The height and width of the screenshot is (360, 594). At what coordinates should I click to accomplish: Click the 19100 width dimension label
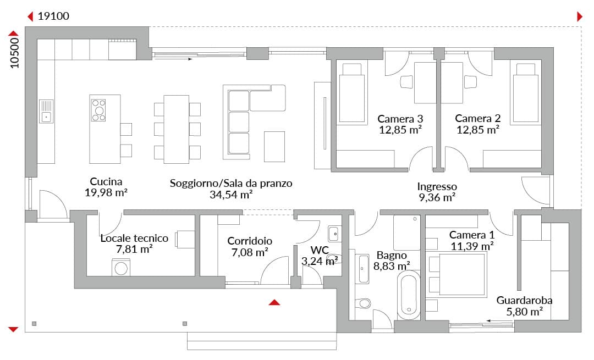53,16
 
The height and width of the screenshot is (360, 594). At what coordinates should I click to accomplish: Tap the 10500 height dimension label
14,53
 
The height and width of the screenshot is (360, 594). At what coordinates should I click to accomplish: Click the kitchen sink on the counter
46,111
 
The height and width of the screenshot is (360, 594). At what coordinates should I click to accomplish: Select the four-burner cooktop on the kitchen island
98,110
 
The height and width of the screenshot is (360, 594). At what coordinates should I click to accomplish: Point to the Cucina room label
106,181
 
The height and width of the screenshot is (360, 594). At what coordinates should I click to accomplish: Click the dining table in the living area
177,129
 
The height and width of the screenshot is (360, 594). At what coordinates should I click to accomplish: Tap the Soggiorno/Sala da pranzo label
231,183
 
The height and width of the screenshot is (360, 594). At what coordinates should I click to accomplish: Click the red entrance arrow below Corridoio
274,302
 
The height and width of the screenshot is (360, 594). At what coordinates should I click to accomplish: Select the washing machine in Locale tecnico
121,267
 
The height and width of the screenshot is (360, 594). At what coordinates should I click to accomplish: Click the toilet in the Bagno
364,303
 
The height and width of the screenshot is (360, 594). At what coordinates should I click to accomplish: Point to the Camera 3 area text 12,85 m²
400,130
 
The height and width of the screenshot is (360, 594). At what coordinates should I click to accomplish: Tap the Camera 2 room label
478,119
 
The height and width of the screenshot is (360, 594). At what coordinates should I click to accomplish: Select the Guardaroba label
524,301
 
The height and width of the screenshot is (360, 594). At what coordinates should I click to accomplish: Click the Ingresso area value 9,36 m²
437,197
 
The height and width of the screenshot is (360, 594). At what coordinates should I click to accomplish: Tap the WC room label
320,250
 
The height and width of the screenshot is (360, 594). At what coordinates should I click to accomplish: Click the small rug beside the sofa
274,147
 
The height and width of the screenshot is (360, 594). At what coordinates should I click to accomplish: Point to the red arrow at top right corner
579,16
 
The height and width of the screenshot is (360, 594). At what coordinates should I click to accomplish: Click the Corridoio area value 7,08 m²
250,252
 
